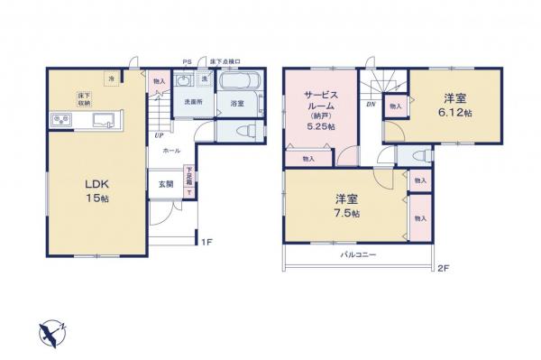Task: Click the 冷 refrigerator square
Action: pyautogui.click(x=112, y=78)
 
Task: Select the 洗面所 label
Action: pyautogui.click(x=193, y=103)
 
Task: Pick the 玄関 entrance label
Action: pyautogui.click(x=167, y=185)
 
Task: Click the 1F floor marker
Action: pyautogui.click(x=206, y=241)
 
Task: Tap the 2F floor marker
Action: pyautogui.click(x=443, y=269)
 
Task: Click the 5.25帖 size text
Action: pyautogui.click(x=321, y=127)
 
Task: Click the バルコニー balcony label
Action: pyautogui.click(x=358, y=254)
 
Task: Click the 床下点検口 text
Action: pyautogui.click(x=224, y=61)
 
